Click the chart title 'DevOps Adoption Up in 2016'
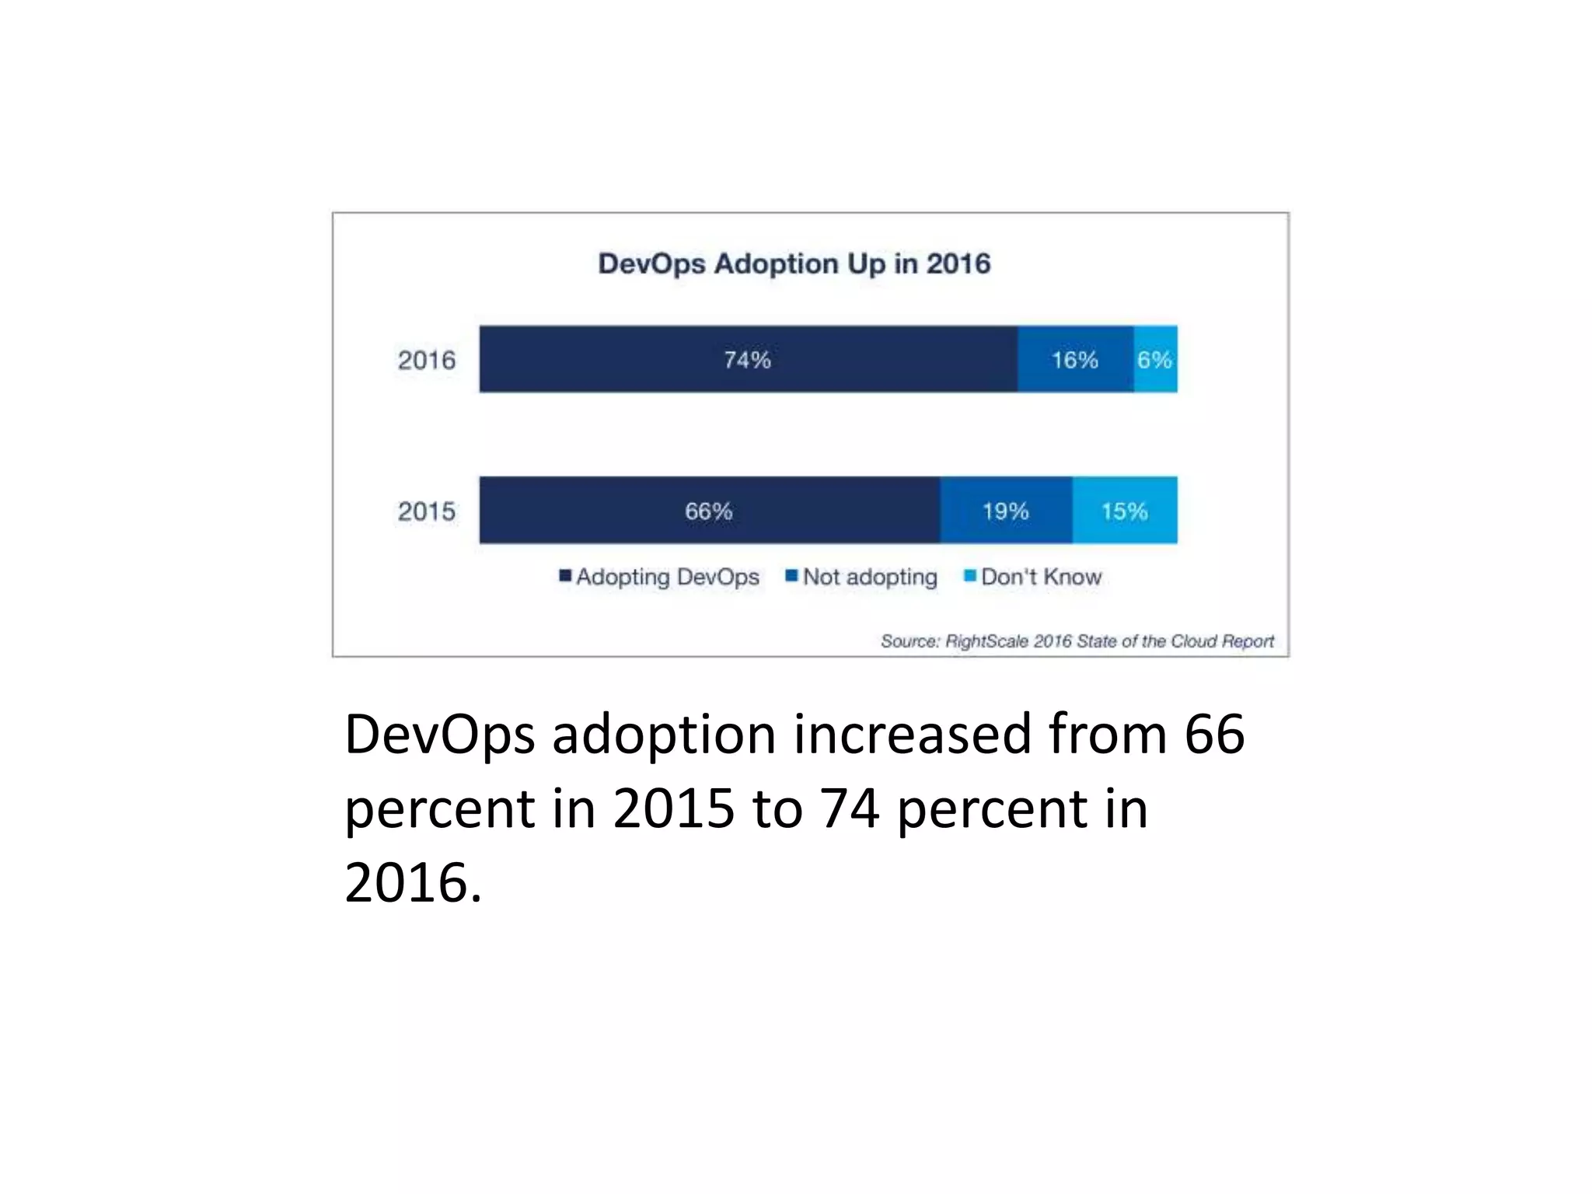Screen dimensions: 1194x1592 (794, 264)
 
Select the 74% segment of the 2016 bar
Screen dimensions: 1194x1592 (748, 359)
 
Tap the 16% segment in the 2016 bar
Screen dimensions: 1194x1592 (1075, 359)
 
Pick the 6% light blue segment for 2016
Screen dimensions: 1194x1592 (1155, 359)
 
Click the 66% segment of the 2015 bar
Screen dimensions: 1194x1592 (709, 511)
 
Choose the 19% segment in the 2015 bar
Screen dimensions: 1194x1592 (1006, 511)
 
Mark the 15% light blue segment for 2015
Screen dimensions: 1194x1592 (1125, 511)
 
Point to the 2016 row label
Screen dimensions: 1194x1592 (427, 360)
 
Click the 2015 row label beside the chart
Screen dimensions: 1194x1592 (427, 511)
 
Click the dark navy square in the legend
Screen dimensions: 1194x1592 (566, 576)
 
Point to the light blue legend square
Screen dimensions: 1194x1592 (970, 576)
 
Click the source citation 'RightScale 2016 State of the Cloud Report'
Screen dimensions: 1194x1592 (1077, 641)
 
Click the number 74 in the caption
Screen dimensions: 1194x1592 (850, 808)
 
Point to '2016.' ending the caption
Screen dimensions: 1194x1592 (413, 883)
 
